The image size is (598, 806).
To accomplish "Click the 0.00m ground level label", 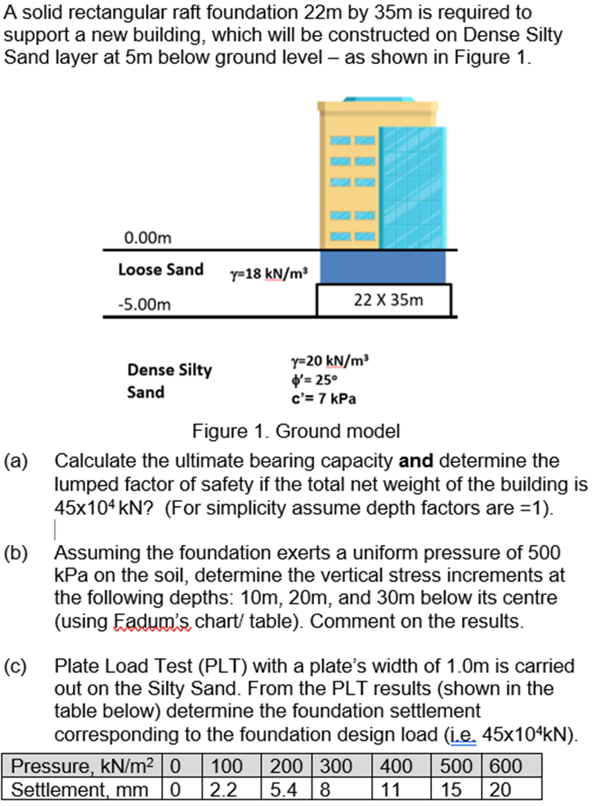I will [x=147, y=236].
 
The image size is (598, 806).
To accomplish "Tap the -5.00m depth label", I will [x=147, y=305].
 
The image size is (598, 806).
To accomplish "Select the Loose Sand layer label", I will [x=161, y=270].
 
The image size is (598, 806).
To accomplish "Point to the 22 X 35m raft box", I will [x=384, y=300].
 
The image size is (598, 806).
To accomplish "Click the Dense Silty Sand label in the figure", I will [x=169, y=381].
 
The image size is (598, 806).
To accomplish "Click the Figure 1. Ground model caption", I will [x=296, y=432].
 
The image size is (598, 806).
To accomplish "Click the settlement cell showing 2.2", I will [x=222, y=789].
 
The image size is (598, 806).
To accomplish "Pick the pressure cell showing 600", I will [x=505, y=767].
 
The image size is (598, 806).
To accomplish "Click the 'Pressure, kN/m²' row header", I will [x=84, y=767].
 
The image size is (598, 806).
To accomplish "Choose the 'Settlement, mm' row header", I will [x=84, y=789].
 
